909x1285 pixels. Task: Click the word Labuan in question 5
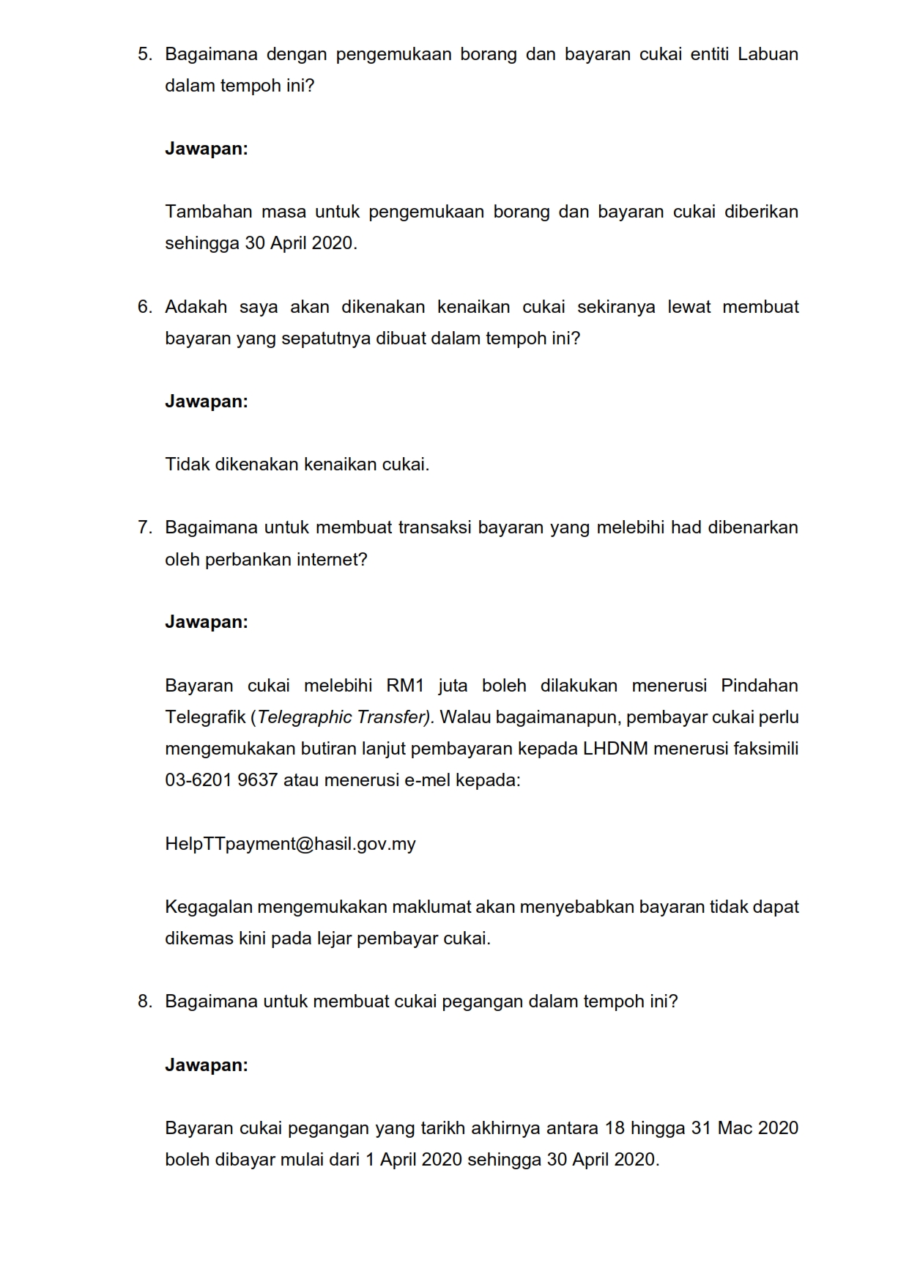768,54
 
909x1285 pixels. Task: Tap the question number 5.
144,54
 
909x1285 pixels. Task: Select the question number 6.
144,307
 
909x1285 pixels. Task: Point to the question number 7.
144,527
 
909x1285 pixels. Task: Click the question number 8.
144,1001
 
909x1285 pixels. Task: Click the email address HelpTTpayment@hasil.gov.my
290,844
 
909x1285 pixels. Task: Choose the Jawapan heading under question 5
207,149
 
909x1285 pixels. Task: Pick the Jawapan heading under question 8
207,1065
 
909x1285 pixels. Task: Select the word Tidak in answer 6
187,464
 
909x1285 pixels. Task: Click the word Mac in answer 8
734,1128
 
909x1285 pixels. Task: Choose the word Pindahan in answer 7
760,686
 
